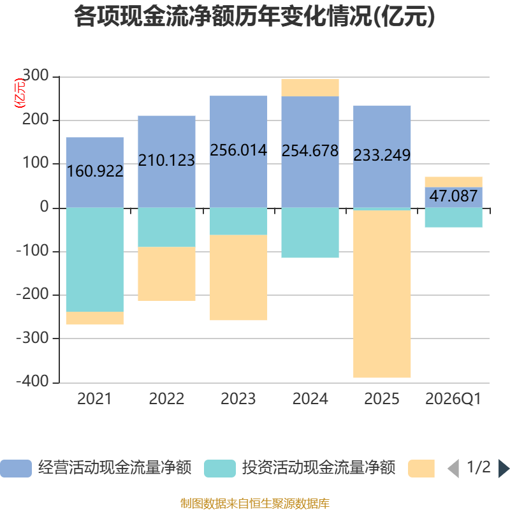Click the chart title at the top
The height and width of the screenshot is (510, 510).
pyautogui.click(x=254, y=17)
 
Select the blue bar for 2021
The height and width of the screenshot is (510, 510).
pyautogui.click(x=95, y=172)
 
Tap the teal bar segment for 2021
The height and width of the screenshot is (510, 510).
pyautogui.click(x=95, y=259)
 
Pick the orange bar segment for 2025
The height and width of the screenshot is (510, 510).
pyautogui.click(x=382, y=294)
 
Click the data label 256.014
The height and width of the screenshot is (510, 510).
pyautogui.click(x=238, y=150)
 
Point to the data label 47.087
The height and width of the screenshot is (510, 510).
pyautogui.click(x=453, y=196)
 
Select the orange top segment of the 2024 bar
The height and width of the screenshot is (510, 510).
pyautogui.click(x=310, y=87)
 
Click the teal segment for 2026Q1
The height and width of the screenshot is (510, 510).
pyautogui.click(x=454, y=217)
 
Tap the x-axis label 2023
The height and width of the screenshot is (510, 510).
pyautogui.click(x=238, y=399)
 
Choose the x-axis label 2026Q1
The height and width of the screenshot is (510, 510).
pyautogui.click(x=453, y=399)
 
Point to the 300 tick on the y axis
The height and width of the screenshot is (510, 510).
pyautogui.click(x=35, y=75)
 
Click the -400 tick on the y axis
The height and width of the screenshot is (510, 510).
pyautogui.click(x=33, y=381)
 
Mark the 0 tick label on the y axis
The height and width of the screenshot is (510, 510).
pyautogui.click(x=44, y=207)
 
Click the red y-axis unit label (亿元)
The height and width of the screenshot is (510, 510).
pyautogui.click(x=20, y=93)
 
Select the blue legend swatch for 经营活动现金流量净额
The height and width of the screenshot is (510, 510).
pyautogui.click(x=16, y=469)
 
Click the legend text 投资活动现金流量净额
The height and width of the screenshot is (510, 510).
pyautogui.click(x=319, y=468)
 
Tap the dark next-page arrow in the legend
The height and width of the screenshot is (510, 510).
pyautogui.click(x=504, y=469)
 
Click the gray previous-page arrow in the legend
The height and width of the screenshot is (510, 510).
pyautogui.click(x=453, y=469)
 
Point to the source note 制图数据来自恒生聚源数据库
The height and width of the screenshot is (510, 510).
pyautogui.click(x=255, y=503)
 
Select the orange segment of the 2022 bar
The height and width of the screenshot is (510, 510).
pyautogui.click(x=166, y=274)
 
